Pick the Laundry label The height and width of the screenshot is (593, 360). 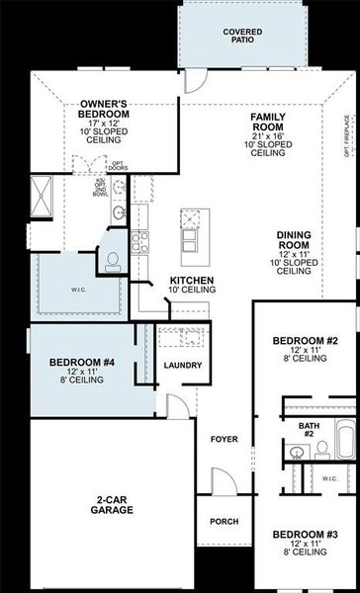click(x=183, y=366)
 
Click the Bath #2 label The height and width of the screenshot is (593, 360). click(x=307, y=429)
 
